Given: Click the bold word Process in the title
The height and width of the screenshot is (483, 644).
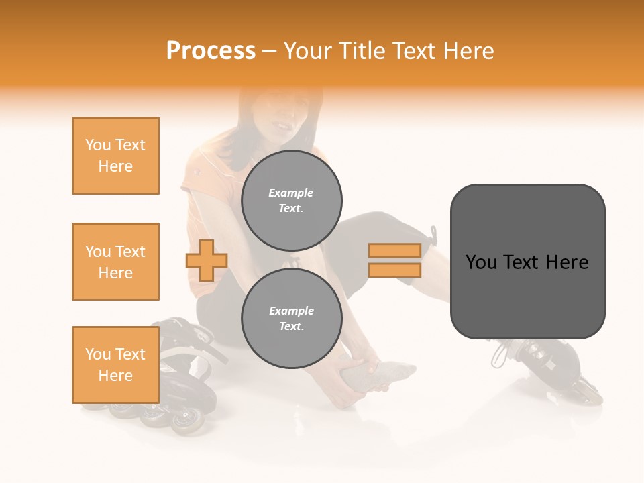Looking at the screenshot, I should (x=211, y=51).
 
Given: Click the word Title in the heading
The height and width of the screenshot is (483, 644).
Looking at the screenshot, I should (x=360, y=51).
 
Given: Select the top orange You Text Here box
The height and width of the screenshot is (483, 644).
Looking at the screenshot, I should (x=115, y=156).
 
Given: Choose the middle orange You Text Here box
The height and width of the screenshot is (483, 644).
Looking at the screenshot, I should (x=115, y=262).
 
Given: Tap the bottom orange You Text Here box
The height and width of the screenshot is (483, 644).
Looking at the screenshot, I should (x=115, y=365).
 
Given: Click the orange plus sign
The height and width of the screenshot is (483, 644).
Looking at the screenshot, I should (x=207, y=260).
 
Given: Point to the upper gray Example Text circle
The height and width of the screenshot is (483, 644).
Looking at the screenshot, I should (x=291, y=200).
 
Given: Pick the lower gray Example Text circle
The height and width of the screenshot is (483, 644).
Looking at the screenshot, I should (x=291, y=318).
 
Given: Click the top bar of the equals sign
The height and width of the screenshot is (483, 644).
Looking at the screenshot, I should (x=394, y=250).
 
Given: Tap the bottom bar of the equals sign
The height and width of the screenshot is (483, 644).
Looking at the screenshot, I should (x=394, y=270).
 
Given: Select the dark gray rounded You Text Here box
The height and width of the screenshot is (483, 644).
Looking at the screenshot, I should (x=527, y=262).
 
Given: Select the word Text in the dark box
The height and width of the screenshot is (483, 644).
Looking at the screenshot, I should (x=521, y=262).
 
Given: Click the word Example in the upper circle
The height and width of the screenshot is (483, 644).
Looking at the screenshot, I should (x=290, y=193).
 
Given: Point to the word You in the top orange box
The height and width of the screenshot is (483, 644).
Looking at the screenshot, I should (x=97, y=145).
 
